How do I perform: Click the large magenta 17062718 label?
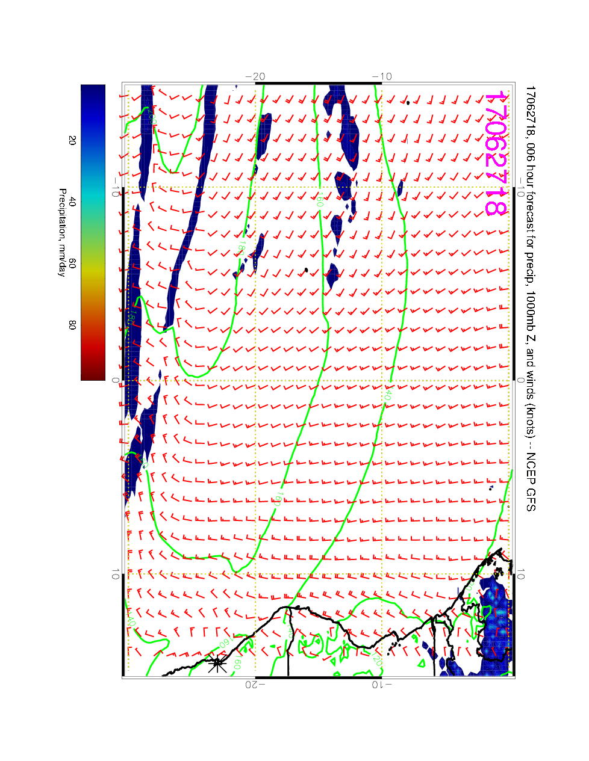tap(495, 153)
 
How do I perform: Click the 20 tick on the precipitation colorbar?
tap(72, 140)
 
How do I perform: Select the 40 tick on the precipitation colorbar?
tap(72, 202)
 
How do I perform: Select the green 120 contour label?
tap(377, 657)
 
